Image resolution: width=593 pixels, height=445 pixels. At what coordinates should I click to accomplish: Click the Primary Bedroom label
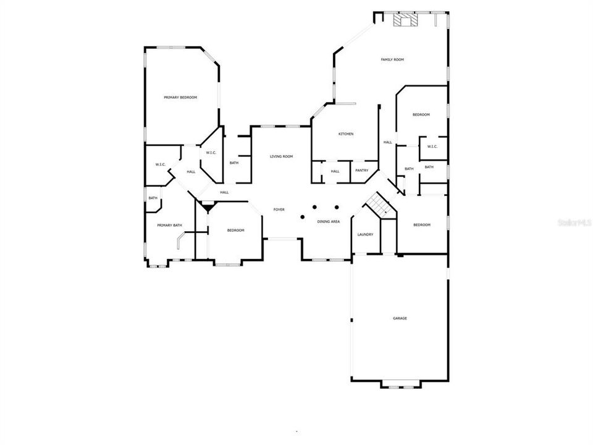point(180,98)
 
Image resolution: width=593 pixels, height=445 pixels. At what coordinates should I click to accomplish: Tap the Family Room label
point(392,59)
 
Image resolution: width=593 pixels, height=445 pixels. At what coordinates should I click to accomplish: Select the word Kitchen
point(345,134)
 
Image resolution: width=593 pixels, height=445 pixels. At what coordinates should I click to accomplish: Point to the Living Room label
point(281,157)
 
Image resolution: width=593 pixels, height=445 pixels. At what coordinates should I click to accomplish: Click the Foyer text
point(279,210)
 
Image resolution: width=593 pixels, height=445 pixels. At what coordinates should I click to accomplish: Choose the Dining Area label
point(329,221)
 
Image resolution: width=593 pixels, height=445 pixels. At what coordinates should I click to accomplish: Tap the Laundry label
point(365,235)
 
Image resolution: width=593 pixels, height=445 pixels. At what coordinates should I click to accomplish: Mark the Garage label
point(400,318)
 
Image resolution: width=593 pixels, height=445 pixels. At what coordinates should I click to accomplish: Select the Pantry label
point(361,171)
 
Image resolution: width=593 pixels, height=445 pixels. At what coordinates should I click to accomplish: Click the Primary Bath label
point(169,226)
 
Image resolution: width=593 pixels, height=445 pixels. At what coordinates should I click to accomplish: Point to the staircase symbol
point(377,204)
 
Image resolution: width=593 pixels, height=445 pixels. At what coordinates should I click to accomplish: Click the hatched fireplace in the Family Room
point(405,21)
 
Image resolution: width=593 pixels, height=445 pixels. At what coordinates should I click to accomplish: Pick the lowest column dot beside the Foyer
point(302,217)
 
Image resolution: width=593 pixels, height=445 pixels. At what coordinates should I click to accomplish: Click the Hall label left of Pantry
point(335,171)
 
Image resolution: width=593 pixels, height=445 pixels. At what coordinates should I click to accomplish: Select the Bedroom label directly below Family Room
point(421,115)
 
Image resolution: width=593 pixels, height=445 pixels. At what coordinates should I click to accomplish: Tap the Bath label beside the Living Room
point(234,163)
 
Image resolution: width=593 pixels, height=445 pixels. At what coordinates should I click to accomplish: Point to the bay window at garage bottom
point(401,385)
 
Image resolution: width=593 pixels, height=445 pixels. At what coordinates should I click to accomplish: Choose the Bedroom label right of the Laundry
point(421,225)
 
